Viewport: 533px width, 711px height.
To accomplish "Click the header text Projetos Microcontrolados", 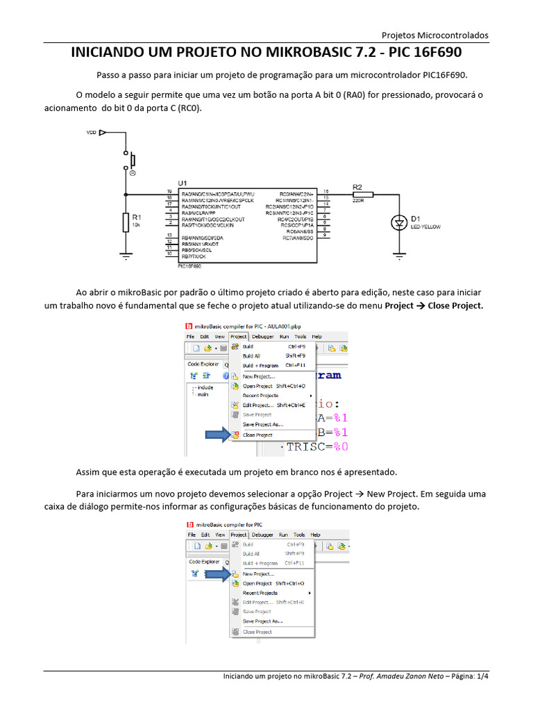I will pos(435,35).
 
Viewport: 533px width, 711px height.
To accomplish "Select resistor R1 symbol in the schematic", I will pos(126,221).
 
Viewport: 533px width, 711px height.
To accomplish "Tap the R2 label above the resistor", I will pos(357,187).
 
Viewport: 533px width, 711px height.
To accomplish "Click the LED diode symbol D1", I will pos(399,222).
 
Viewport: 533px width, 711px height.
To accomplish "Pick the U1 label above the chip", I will pos(183,183).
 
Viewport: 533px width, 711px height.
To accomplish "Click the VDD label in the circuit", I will pos(91,132).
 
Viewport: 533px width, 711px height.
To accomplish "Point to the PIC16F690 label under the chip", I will pos(189,266).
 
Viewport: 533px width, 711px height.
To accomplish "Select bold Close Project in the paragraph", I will pos(455,306).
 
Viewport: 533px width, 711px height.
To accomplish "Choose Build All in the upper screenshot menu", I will pos(251,355).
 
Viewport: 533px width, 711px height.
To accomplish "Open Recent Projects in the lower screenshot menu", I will pos(260,593).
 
